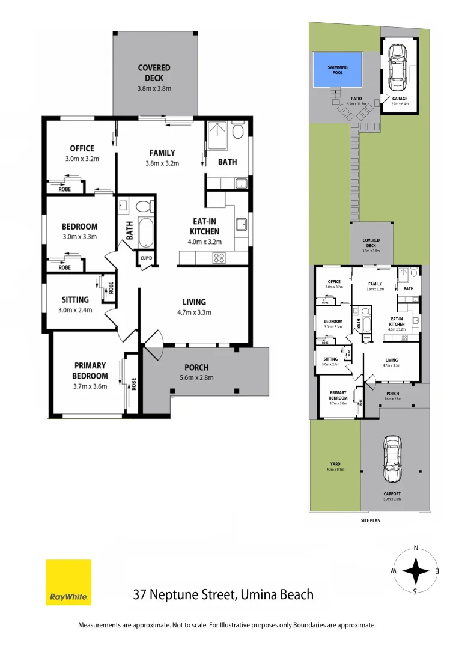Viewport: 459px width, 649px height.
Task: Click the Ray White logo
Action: coord(68,582)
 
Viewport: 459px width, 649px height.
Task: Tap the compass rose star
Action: coord(415,571)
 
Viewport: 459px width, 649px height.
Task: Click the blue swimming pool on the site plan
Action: coord(338,69)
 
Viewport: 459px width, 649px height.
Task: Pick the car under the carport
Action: coord(392,458)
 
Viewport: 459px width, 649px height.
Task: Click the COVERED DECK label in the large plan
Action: coord(154,73)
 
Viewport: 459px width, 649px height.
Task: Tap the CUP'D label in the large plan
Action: coord(146,259)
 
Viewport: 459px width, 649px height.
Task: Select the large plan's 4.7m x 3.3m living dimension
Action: coord(194,312)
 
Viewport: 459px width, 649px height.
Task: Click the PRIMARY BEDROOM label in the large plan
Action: coord(90,370)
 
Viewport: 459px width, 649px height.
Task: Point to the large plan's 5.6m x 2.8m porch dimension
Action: coord(197,377)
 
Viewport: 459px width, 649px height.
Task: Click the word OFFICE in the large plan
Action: coord(82,148)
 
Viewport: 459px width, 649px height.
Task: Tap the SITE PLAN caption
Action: coord(371,520)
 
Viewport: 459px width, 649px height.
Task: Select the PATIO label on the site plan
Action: coord(356,98)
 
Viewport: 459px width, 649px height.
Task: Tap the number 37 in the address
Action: coord(140,595)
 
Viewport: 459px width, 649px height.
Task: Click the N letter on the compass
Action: coord(415,547)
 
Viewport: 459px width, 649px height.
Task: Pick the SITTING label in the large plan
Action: coord(75,299)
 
